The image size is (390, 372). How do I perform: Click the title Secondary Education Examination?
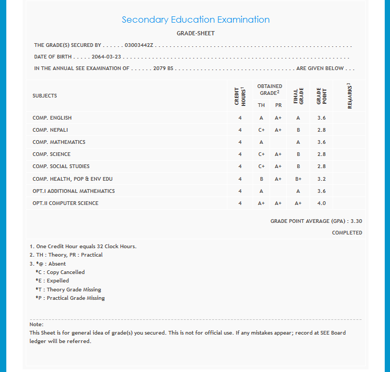click(x=195, y=20)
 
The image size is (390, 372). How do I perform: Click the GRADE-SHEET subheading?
click(x=195, y=33)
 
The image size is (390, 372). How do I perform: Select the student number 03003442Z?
click(x=138, y=45)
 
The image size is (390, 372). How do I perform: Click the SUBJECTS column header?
click(x=45, y=96)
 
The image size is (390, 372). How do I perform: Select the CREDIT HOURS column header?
click(x=240, y=96)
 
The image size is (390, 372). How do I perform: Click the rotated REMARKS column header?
click(x=349, y=96)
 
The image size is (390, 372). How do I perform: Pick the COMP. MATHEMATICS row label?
click(x=59, y=142)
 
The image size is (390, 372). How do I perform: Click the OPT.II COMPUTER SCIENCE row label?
click(x=65, y=203)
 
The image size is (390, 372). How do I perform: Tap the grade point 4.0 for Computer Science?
click(x=322, y=203)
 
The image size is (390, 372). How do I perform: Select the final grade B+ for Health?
click(x=298, y=179)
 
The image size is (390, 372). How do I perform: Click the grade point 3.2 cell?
click(x=322, y=179)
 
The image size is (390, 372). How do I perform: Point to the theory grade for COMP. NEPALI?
click(x=262, y=130)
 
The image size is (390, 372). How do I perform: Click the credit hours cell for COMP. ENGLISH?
click(x=240, y=118)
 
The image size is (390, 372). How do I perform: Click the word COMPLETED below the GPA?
click(x=347, y=233)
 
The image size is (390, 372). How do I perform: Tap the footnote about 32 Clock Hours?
click(x=83, y=247)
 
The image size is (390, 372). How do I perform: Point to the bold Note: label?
click(x=36, y=325)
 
